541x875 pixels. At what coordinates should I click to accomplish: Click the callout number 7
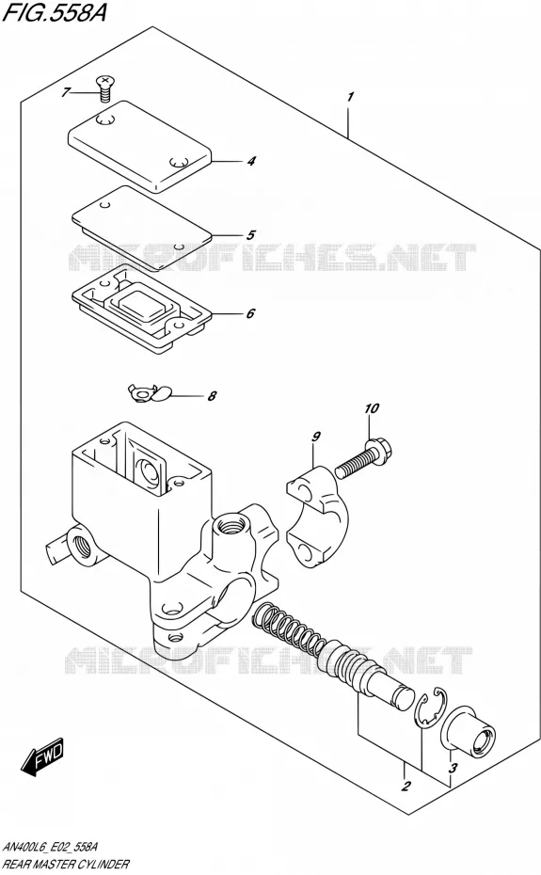[66, 92]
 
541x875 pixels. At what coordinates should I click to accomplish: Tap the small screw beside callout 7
[103, 88]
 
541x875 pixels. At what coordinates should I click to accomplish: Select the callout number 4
[251, 161]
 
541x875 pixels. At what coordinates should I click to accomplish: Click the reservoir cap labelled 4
[139, 147]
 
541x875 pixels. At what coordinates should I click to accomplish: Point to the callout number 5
[250, 235]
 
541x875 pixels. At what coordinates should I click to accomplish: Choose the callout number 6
[250, 313]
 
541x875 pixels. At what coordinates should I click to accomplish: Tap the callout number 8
[212, 397]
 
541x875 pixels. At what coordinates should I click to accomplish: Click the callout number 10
[372, 408]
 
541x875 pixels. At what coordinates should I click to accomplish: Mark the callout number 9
[316, 437]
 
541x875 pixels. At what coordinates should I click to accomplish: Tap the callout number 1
[350, 97]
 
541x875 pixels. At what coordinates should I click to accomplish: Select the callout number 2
[406, 787]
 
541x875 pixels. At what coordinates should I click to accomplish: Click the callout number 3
[453, 769]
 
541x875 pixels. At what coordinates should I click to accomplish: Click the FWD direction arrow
[43, 756]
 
